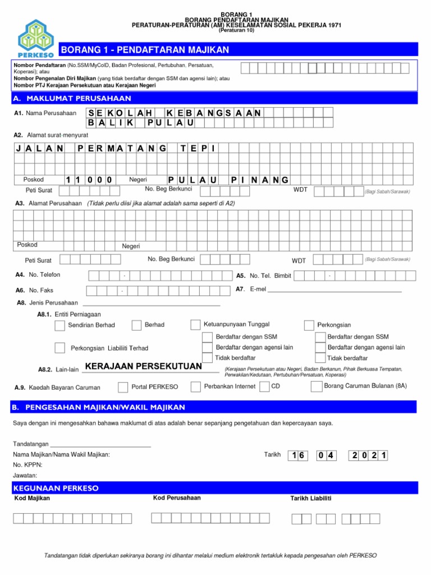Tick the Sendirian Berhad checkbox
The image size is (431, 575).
point(59,325)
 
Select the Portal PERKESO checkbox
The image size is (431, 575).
point(123,387)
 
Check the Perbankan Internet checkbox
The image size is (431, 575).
point(195,387)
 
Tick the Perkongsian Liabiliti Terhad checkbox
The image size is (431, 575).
point(59,348)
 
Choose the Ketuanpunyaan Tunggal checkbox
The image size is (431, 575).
point(195,325)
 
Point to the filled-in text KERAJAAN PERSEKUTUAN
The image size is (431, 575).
point(143,367)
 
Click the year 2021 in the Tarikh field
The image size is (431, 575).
point(369,456)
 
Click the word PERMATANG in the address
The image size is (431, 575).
point(123,148)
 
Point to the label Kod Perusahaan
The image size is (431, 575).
point(177,498)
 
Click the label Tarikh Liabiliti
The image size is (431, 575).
point(310,499)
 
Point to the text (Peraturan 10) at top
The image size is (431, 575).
point(236,31)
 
